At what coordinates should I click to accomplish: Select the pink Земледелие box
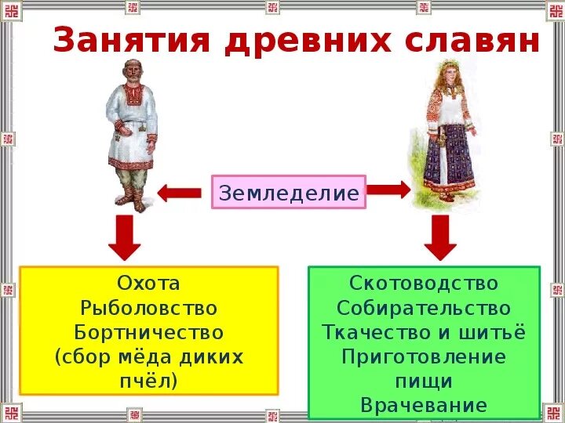289,192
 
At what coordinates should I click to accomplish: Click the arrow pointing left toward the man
180,192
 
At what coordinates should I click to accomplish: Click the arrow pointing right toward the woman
388,190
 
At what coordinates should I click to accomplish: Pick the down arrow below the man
125,237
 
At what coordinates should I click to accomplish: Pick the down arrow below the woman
440,237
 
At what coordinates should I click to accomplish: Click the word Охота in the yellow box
148,284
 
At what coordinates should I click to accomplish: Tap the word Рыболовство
148,308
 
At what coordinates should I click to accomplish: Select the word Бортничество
148,332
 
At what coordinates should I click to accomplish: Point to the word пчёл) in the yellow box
148,381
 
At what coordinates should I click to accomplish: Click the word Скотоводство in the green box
424,283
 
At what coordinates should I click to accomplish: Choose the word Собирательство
424,308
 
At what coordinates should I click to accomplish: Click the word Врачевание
424,405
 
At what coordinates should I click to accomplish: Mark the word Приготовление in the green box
424,356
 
